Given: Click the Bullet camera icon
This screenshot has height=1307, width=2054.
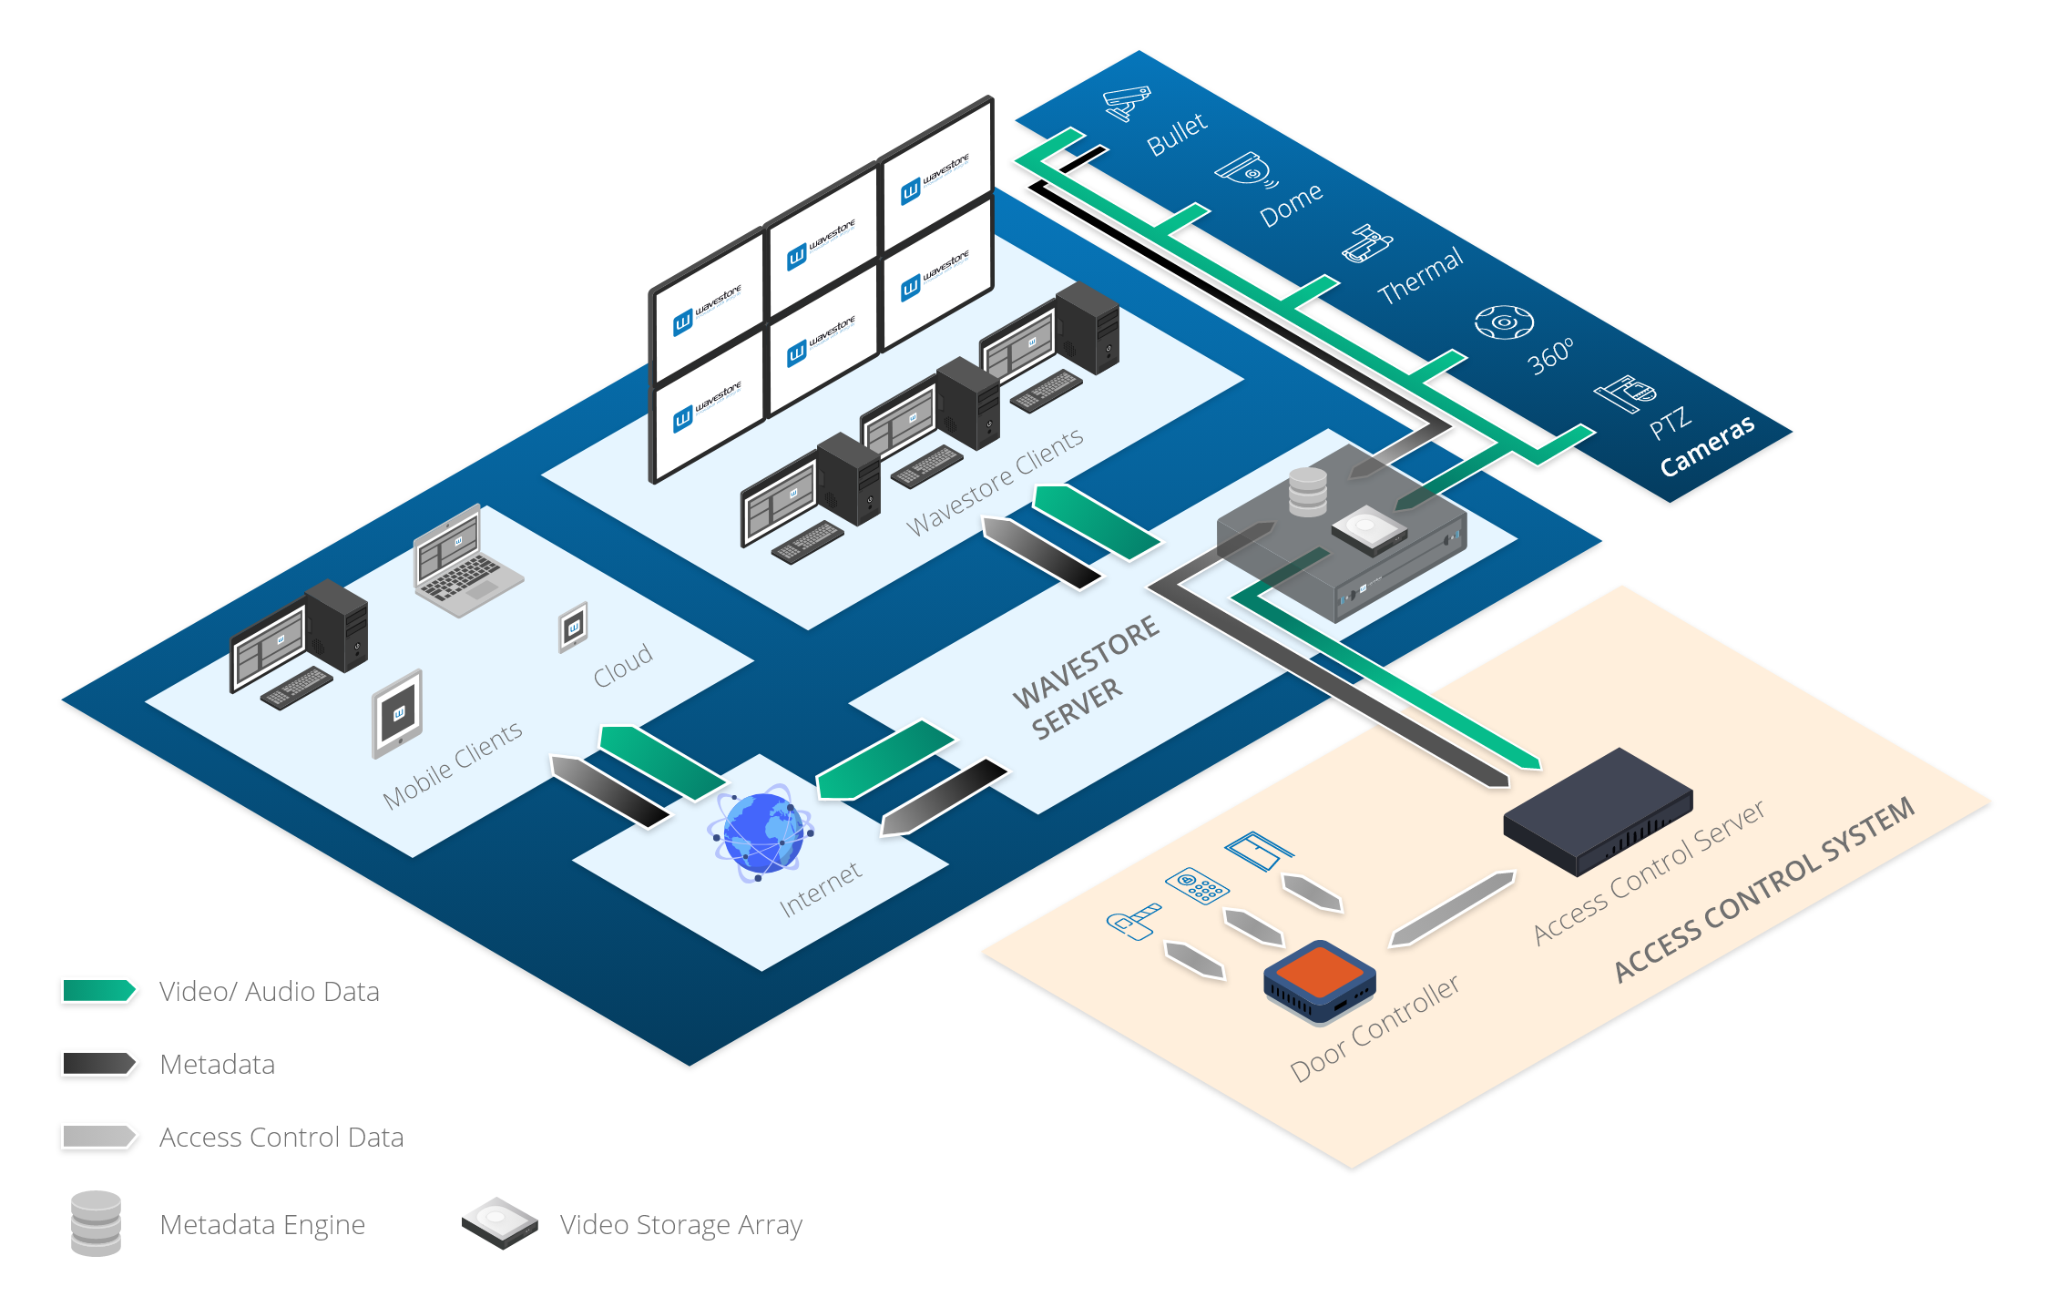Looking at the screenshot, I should [x=1127, y=102].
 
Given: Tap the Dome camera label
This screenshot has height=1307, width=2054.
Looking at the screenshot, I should [x=1291, y=205].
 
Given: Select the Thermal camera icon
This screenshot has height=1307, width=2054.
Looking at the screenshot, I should [x=1366, y=244].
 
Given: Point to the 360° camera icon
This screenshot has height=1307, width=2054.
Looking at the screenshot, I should [x=1504, y=322].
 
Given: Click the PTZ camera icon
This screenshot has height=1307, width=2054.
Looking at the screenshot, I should [x=1625, y=393].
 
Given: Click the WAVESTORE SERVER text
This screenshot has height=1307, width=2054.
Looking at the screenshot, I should [x=1084, y=679].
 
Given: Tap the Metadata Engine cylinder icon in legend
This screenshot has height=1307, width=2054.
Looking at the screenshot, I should [x=96, y=1223].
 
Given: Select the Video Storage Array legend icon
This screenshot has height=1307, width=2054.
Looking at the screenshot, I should [x=499, y=1222].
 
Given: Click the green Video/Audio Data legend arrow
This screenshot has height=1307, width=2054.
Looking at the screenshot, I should [x=98, y=990].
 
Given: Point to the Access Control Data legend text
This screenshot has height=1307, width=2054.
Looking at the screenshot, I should [x=281, y=1137].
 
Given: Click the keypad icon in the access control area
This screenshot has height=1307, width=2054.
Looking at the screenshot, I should [x=1197, y=885].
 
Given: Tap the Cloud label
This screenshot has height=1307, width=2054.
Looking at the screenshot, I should [x=623, y=665].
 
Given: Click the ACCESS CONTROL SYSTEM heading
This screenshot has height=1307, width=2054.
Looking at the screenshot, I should [x=1763, y=890].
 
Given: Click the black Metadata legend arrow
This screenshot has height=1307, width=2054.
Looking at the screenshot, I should [x=98, y=1063].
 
